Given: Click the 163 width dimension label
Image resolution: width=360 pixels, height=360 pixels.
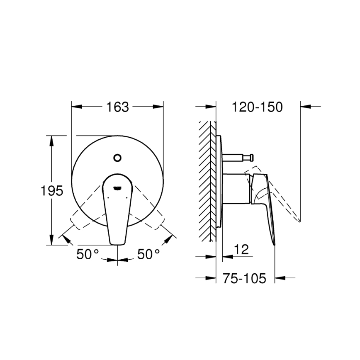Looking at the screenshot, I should point(117,107).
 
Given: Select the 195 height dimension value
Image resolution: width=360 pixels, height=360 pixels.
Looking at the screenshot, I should point(52,191).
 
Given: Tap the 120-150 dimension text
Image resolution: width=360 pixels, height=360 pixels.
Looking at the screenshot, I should point(257,107).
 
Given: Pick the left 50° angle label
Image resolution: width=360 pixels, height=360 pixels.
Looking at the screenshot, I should point(88,254).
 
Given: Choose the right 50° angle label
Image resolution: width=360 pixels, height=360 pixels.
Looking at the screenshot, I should point(148,254).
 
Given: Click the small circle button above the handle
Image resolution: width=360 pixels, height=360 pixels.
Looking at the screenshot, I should point(117,158).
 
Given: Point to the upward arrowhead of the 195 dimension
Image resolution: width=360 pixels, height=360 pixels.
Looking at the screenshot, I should point(52,140).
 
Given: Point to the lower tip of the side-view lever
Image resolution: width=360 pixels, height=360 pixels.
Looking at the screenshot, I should point(274,244).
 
